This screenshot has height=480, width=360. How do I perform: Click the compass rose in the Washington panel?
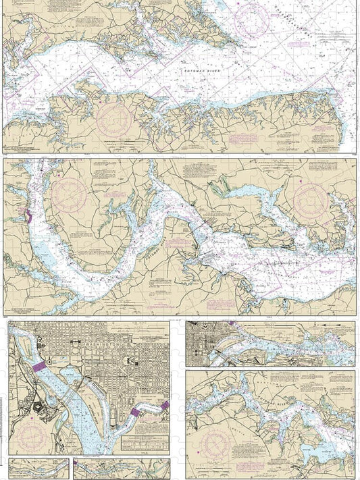click(32, 432)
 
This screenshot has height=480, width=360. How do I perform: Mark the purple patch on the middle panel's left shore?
click(28, 217)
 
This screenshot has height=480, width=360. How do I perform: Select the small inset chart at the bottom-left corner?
click(38, 468)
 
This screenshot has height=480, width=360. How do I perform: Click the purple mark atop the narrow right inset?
click(232, 325)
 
